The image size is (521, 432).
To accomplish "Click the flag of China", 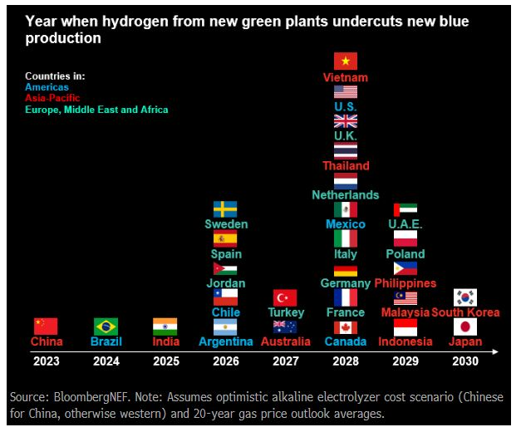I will click(x=46, y=326).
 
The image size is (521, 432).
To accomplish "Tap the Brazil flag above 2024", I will click(x=106, y=326).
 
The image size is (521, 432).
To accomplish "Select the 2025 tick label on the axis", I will click(x=165, y=361).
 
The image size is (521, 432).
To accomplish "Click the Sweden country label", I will click(x=226, y=224).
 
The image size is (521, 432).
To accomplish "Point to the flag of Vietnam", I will click(x=346, y=61).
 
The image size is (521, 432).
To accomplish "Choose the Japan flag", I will click(x=464, y=326).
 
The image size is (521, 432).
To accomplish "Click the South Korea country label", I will click(x=465, y=312).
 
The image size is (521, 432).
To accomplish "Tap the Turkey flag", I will click(x=285, y=297).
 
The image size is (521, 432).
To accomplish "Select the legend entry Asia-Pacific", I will click(x=52, y=98).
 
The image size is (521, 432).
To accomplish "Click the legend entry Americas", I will click(x=47, y=86).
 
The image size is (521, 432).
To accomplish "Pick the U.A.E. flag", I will click(x=405, y=209).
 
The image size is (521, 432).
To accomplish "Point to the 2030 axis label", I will click(x=464, y=361).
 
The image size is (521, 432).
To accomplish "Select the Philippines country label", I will click(x=405, y=283).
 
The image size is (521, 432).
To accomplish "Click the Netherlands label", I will click(x=346, y=194).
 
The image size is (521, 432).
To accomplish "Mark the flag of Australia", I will click(x=285, y=326).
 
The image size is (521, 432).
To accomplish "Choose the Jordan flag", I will click(x=225, y=268).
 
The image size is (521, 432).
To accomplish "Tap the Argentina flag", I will click(x=225, y=326).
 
